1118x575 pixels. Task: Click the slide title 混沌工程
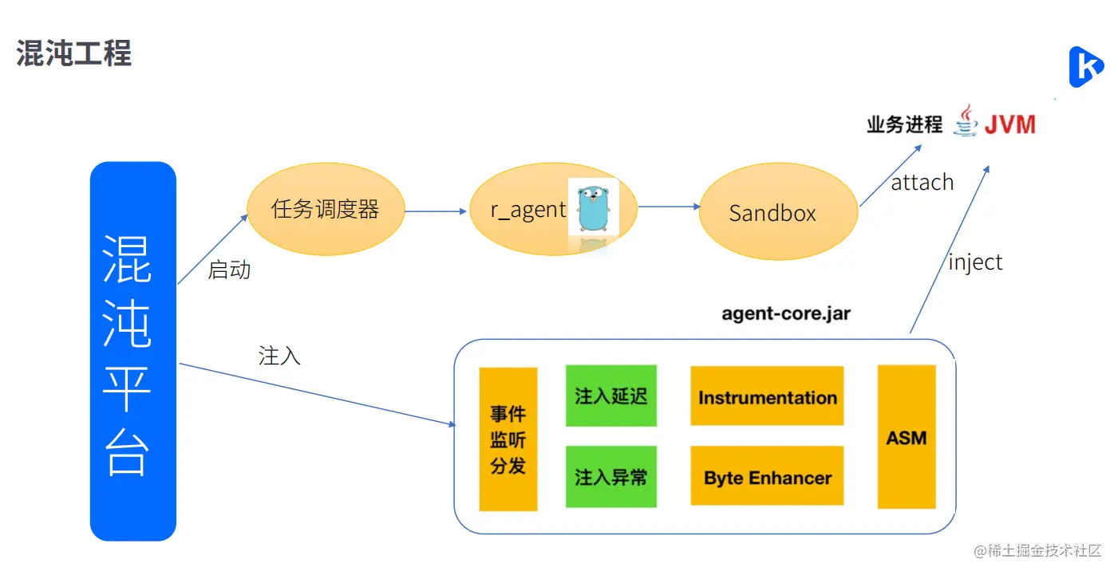[73, 53]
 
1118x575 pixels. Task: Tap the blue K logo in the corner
[1085, 67]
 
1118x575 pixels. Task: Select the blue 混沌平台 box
[132, 352]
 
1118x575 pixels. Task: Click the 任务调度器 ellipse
[326, 211]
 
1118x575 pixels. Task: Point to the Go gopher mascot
[594, 207]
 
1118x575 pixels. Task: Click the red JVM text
[1009, 125]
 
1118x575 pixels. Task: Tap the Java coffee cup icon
[966, 121]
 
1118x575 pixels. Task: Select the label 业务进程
[904, 125]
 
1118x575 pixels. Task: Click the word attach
[922, 183]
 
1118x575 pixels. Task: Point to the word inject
[974, 262]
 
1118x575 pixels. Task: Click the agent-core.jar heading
[786, 313]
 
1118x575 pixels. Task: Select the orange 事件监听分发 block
[508, 439]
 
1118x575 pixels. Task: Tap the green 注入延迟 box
[610, 396]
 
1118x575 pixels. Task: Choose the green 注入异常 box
[610, 477]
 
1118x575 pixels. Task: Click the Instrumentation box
[767, 396]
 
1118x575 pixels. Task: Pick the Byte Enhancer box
[767, 477]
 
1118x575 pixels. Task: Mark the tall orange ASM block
[906, 437]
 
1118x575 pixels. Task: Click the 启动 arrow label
[229, 270]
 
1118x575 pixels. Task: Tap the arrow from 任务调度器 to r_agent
[436, 211]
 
